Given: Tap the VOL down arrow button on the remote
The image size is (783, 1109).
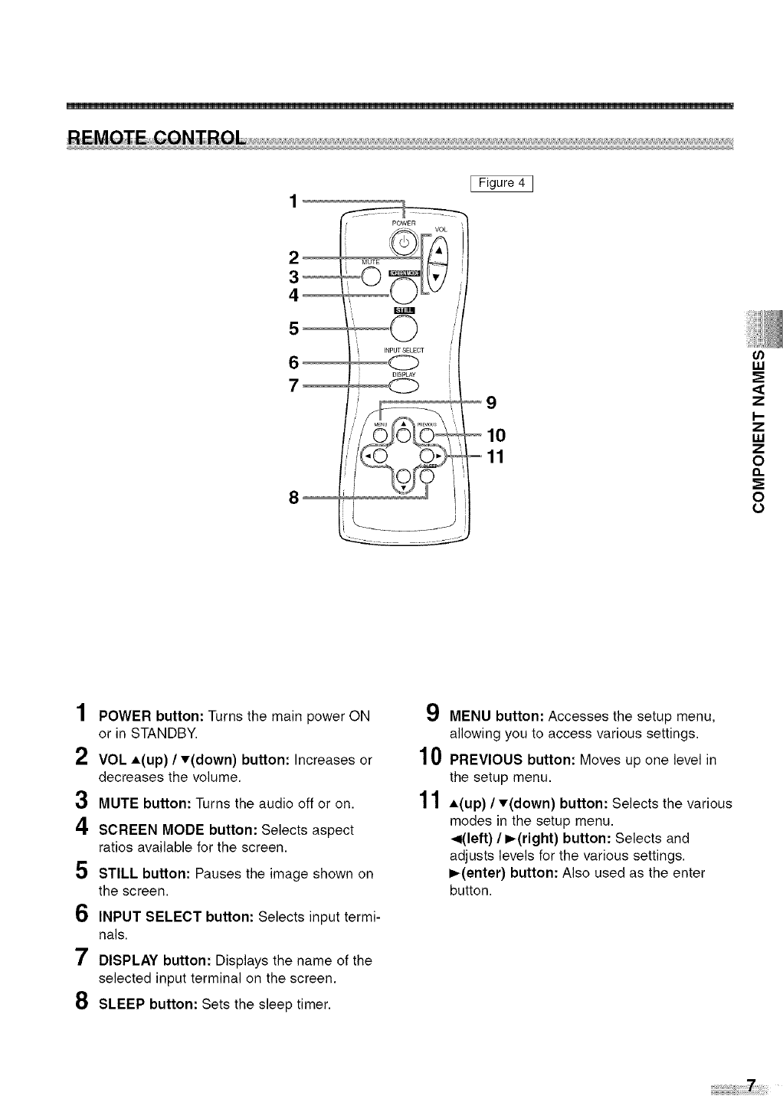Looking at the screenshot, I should coord(437,277).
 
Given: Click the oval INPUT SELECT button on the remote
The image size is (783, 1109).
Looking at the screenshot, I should coord(405,362).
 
